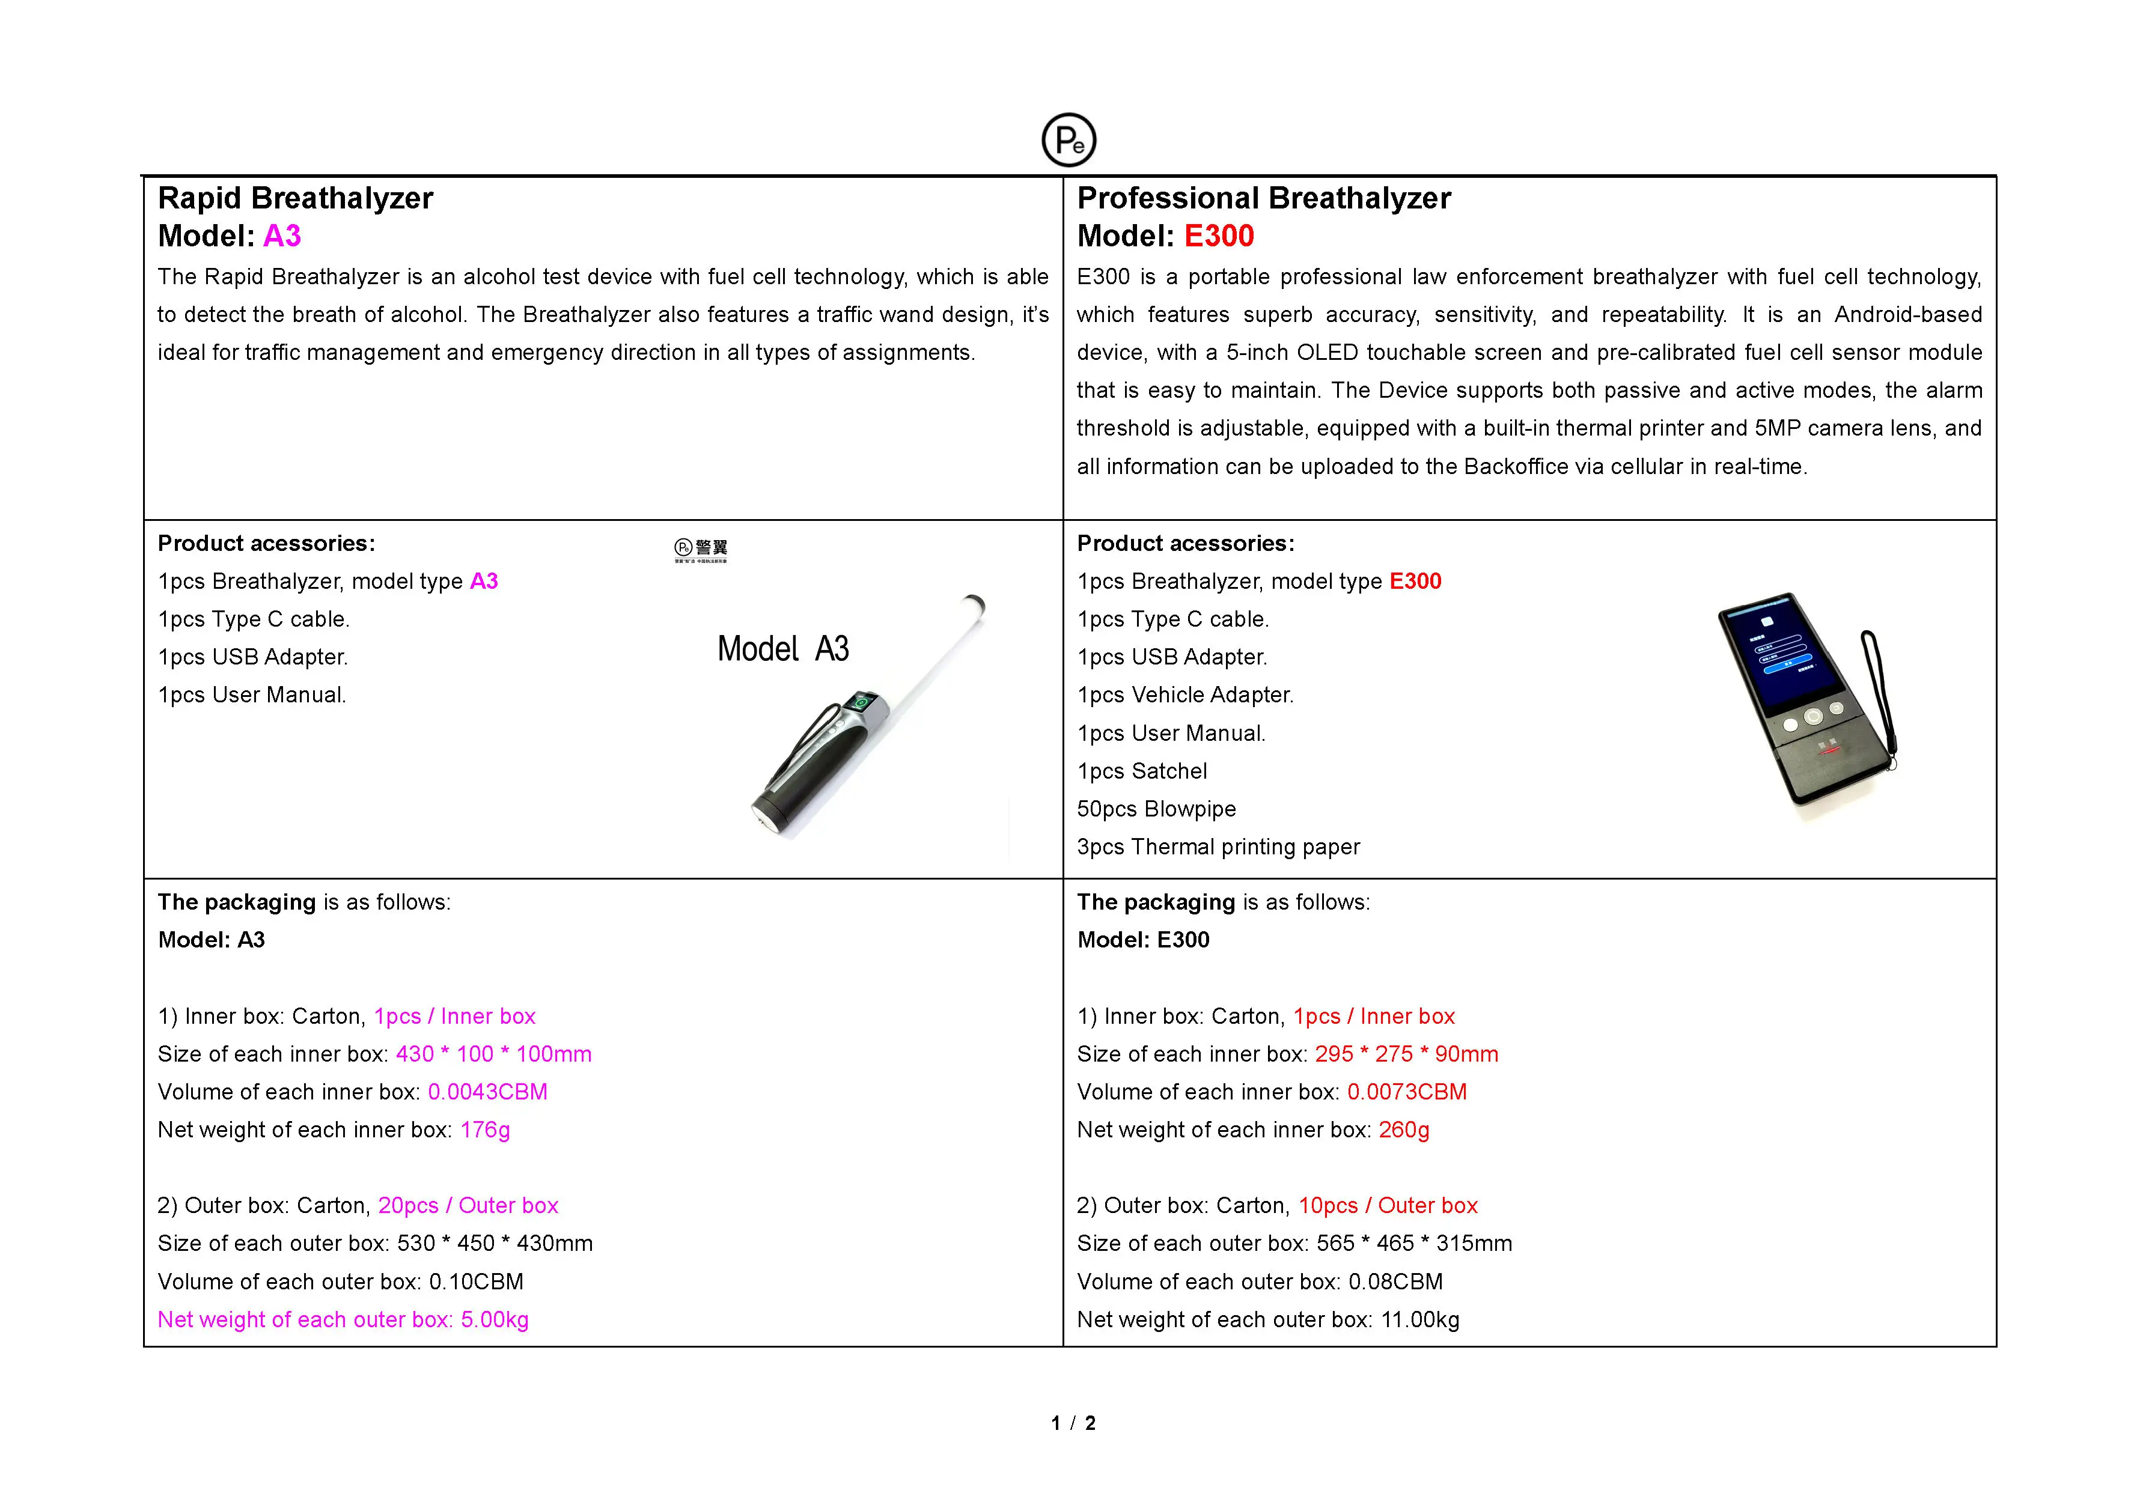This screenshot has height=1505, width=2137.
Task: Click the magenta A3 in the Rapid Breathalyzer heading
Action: [282, 236]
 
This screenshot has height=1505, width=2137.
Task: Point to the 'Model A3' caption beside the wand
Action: [783, 649]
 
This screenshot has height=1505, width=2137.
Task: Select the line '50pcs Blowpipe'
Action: [1156, 809]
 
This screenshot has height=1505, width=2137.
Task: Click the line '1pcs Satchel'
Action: [1141, 771]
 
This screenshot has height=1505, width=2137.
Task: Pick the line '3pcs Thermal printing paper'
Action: [1218, 847]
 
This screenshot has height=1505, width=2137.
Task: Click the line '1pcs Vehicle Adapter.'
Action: [1185, 695]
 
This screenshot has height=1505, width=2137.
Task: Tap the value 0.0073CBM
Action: [1406, 1092]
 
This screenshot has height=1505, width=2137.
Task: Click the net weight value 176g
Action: [485, 1130]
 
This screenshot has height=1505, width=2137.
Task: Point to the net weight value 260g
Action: [1404, 1130]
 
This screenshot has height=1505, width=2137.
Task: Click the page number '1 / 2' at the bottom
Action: [1073, 1423]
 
